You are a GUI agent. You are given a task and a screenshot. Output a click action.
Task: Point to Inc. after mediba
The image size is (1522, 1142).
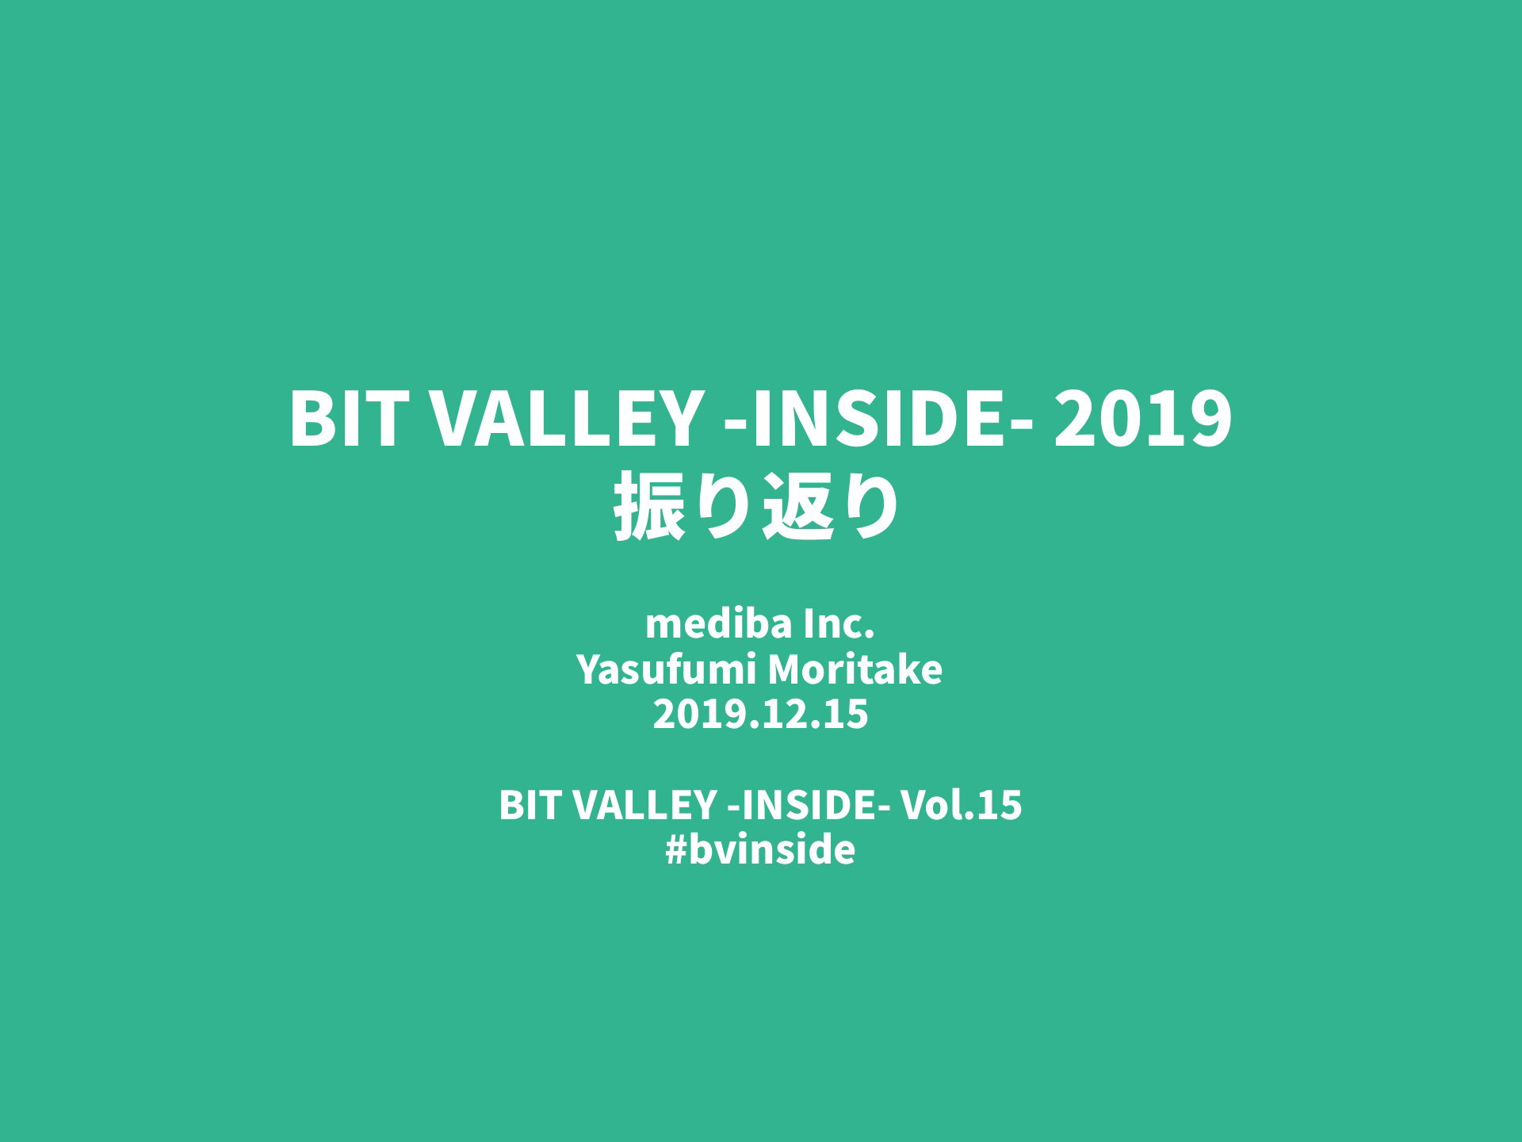click(x=839, y=624)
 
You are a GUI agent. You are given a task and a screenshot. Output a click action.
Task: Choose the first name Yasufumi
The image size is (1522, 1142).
click(x=665, y=669)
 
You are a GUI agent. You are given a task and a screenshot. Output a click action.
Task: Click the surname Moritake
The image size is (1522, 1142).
click(x=855, y=669)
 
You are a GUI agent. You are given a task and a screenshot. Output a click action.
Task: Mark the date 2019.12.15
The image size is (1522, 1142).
click(x=761, y=715)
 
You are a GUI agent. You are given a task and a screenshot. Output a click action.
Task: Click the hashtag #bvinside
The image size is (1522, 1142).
click(x=761, y=849)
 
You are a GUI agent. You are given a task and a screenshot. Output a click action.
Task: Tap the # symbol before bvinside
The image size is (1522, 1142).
click(x=676, y=850)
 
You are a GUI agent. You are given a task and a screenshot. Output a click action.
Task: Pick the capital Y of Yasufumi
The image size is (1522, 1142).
click(x=588, y=669)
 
